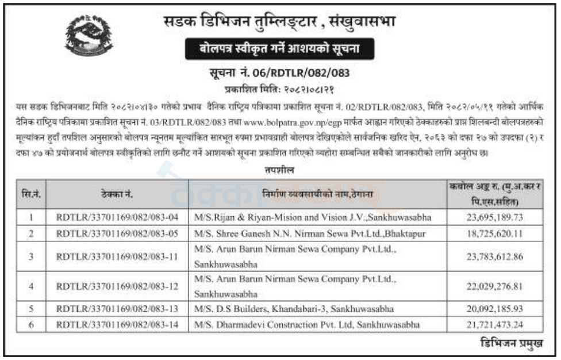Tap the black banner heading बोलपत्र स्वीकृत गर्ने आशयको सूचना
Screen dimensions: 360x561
280,49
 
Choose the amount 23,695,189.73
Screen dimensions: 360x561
495,217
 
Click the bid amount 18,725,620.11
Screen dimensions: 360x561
495,233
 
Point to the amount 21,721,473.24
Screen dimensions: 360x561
495,325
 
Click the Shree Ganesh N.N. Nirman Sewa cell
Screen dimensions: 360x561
312,233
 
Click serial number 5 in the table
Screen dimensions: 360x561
31,309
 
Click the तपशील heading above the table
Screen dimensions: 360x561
280,171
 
